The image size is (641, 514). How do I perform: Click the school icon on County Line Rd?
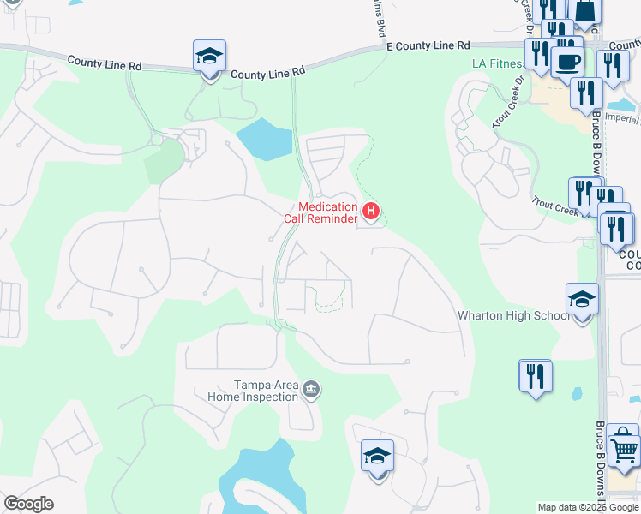pos(210,57)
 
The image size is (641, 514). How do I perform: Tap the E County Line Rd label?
pos(428,45)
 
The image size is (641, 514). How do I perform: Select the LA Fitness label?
pos(498,64)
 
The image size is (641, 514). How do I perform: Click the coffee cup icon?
pos(567,62)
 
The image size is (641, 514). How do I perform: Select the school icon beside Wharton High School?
pos(582,301)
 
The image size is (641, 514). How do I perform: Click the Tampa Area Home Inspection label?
pos(255,391)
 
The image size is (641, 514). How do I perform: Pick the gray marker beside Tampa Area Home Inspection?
pos(312,391)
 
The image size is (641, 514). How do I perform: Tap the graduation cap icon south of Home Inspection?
pos(377,457)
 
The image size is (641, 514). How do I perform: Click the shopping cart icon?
pos(625,450)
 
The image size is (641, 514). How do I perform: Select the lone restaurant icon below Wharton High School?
pos(536,376)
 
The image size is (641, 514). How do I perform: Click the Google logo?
pos(28,504)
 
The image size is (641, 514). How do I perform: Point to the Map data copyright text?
pos(588,508)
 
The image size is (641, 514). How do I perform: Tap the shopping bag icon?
pos(586,10)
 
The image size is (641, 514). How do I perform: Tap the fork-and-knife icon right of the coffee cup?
pos(612,66)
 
